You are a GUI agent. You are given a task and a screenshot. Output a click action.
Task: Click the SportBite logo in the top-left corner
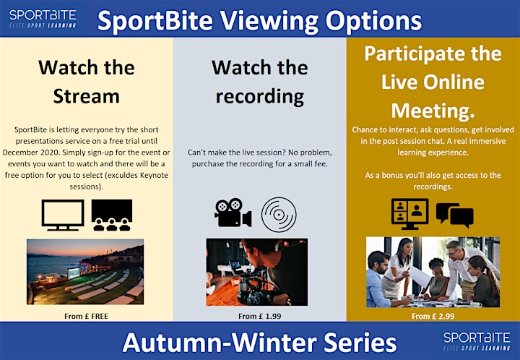[43, 19]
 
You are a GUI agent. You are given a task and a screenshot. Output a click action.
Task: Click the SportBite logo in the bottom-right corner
[477, 341]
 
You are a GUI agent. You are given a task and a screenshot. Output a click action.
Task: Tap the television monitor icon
[63, 215]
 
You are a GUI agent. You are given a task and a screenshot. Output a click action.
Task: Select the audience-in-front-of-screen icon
[112, 215]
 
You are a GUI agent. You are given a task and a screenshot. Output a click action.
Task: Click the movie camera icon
[233, 213]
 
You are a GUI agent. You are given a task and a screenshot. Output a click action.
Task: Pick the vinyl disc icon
[279, 215]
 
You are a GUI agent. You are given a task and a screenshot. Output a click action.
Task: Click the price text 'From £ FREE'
[86, 316]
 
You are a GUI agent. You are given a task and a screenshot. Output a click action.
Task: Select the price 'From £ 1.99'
[260, 316]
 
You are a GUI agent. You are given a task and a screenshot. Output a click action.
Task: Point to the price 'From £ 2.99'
[433, 316]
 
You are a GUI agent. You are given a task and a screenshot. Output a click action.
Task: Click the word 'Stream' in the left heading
[86, 96]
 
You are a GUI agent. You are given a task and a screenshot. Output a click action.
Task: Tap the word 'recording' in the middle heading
[260, 97]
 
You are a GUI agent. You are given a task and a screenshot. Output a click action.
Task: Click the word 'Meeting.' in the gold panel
[433, 111]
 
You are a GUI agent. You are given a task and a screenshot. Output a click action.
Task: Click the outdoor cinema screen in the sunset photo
[73, 273]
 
